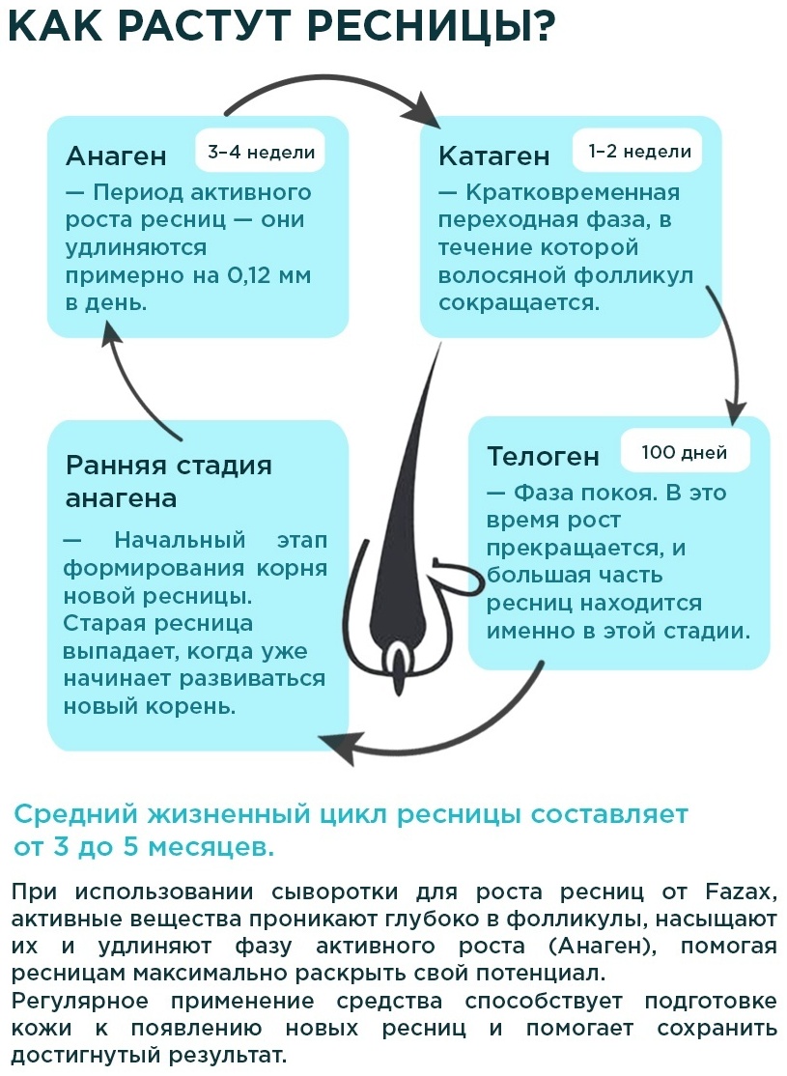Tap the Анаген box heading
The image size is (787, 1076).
click(116, 156)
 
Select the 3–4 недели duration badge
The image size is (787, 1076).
click(261, 151)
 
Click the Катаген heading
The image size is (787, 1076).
click(494, 156)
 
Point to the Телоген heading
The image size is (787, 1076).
click(543, 456)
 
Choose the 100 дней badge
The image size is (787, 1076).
click(685, 452)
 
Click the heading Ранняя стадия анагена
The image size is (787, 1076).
click(169, 481)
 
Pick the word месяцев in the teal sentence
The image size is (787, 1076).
click(211, 847)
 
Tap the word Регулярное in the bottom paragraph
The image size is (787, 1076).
click(79, 1002)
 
